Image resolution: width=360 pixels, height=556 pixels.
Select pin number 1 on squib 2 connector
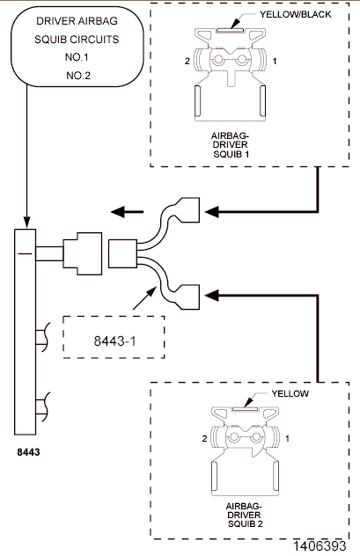click(x=287, y=437)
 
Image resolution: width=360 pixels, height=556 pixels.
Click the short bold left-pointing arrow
click(x=124, y=211)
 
